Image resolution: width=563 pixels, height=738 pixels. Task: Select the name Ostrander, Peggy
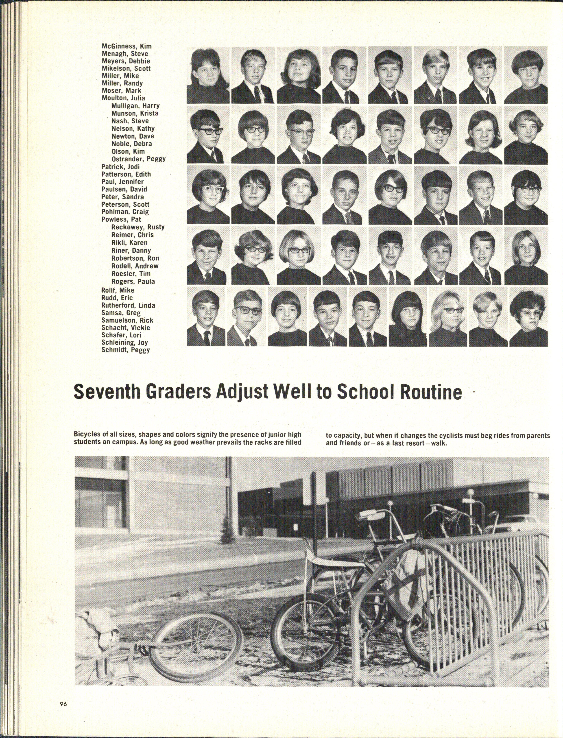click(138, 159)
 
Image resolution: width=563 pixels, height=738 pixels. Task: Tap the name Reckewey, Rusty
click(138, 227)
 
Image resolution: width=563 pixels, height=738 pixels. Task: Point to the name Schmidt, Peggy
click(125, 350)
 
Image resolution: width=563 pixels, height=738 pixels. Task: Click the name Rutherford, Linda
click(128, 305)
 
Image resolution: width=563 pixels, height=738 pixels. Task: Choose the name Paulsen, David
click(124, 189)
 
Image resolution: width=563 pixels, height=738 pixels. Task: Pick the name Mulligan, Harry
click(135, 106)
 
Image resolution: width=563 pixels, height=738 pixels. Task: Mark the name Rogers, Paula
click(133, 282)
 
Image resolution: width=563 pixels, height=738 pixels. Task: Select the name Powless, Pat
click(121, 219)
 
